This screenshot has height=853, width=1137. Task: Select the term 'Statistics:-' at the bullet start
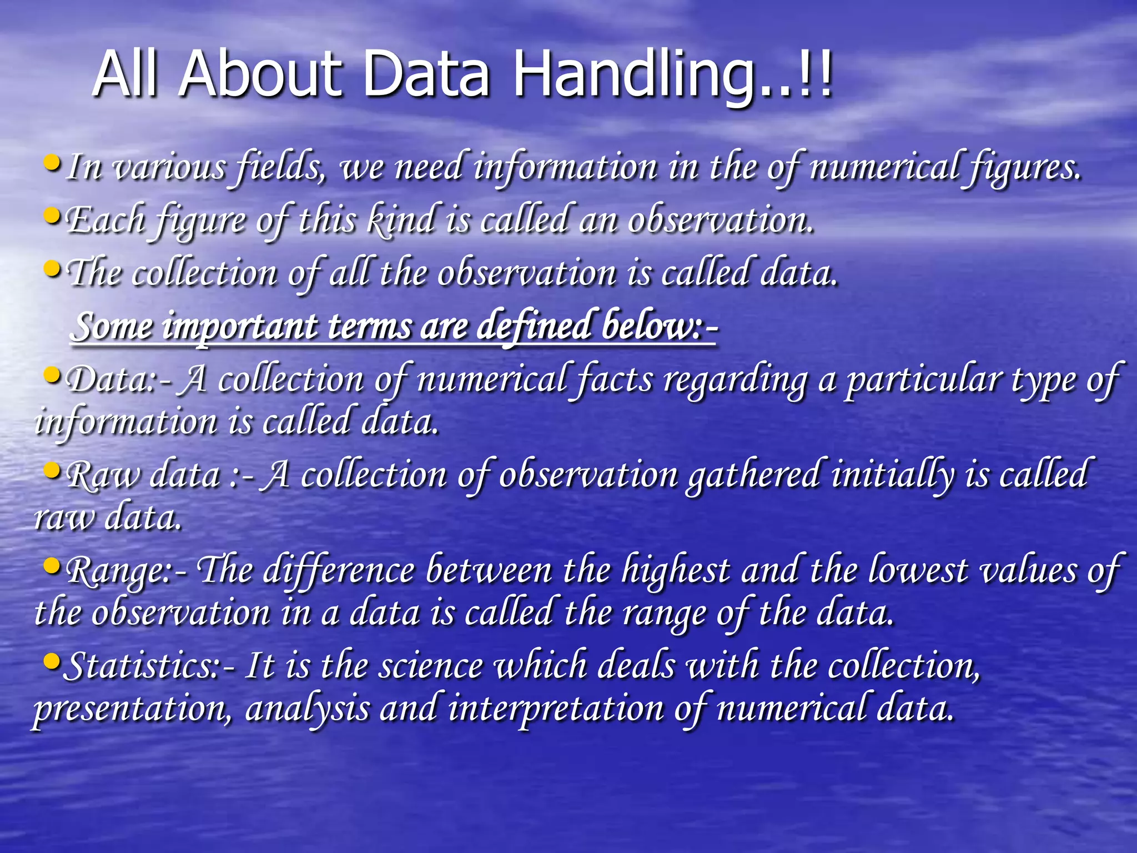click(x=147, y=665)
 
